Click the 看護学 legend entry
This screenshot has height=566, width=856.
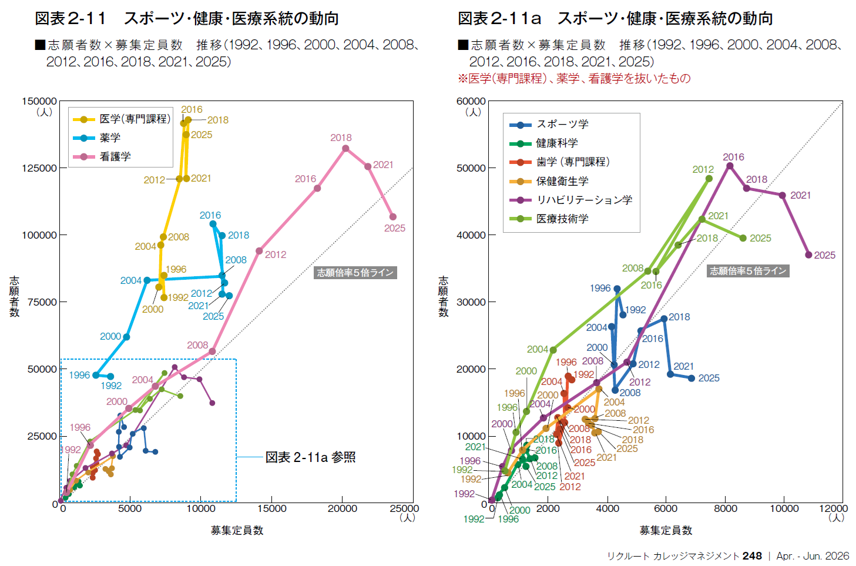pyautogui.click(x=115, y=156)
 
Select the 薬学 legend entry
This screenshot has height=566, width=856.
pyautogui.click(x=110, y=138)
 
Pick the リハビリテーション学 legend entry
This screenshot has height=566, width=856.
pyautogui.click(x=584, y=200)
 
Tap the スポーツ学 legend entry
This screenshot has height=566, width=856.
pyautogui.click(x=562, y=124)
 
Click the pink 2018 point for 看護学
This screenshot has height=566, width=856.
pyautogui.click(x=345, y=148)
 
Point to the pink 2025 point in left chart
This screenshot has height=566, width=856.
pyautogui.click(x=393, y=217)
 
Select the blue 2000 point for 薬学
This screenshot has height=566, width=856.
pyautogui.click(x=126, y=337)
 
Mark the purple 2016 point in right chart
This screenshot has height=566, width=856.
pyautogui.click(x=730, y=166)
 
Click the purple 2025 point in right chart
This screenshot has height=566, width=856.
pyautogui.click(x=808, y=254)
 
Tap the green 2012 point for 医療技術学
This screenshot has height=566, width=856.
pyautogui.click(x=709, y=179)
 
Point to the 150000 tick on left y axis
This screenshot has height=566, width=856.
pyautogui.click(x=39, y=101)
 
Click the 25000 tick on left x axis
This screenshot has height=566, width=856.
pyautogui.click(x=404, y=508)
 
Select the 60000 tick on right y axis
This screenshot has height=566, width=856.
pyautogui.click(x=471, y=101)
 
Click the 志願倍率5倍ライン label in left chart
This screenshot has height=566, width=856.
pyautogui.click(x=355, y=273)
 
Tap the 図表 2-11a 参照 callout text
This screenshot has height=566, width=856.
pyautogui.click(x=310, y=457)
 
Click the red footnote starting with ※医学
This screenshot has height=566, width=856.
pyautogui.click(x=574, y=78)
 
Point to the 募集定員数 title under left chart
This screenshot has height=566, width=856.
pyautogui.click(x=237, y=530)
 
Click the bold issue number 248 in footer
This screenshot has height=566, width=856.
pyautogui.click(x=752, y=555)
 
